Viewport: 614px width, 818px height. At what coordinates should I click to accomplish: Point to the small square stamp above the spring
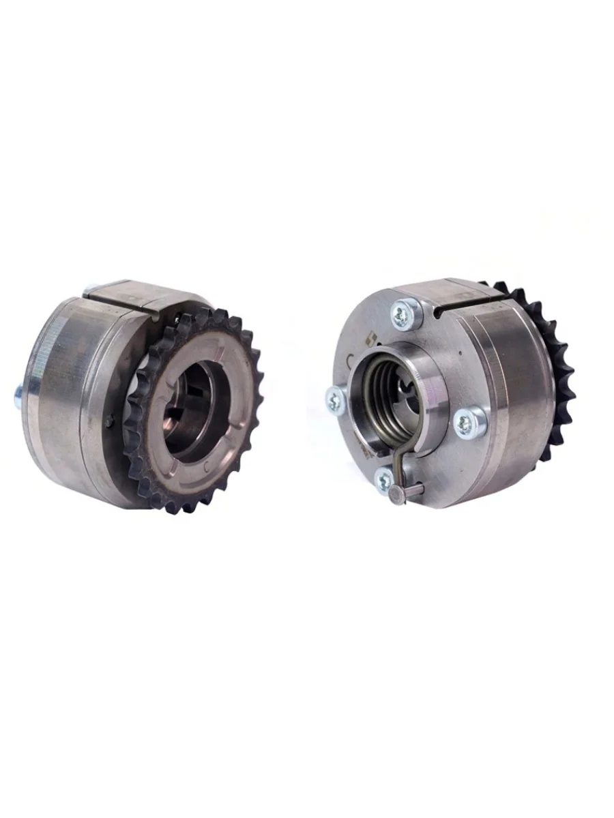(x=372, y=335)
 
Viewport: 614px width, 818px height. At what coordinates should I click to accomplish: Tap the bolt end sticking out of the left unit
(x=17, y=395)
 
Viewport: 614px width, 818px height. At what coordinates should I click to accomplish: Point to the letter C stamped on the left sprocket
(x=207, y=468)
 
